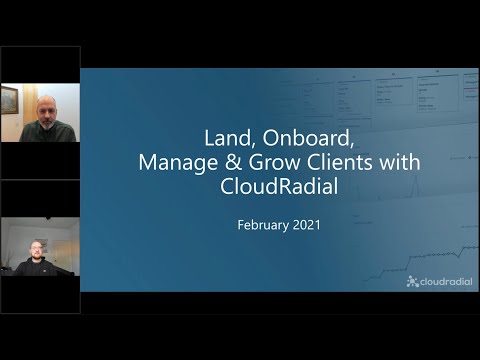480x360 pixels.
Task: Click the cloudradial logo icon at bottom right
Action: click(x=412, y=282)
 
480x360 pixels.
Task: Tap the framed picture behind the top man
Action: click(x=9, y=99)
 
